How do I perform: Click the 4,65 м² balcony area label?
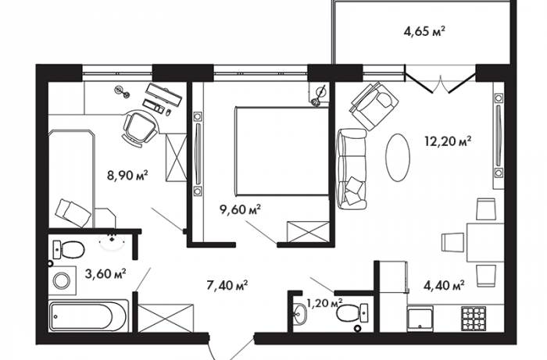(x=424, y=32)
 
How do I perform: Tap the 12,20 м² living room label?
(x=448, y=141)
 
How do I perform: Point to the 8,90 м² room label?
(x=127, y=175)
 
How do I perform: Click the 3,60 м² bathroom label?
(x=105, y=274)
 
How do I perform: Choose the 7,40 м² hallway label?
(x=227, y=286)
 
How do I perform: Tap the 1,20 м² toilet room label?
(x=324, y=303)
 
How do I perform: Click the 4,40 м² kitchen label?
(x=444, y=286)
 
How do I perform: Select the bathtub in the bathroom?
(x=88, y=316)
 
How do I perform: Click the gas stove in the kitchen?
(x=474, y=319)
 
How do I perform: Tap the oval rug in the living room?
(x=398, y=158)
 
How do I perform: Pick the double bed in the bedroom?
(x=282, y=151)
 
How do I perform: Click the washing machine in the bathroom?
(x=63, y=280)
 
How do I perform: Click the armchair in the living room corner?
(x=374, y=105)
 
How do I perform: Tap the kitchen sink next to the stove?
(x=420, y=319)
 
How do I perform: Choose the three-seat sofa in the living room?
(x=352, y=169)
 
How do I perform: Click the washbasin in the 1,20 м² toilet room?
(x=299, y=315)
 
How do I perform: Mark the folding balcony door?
(x=441, y=80)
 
